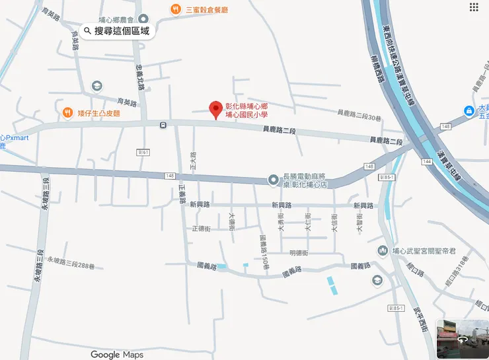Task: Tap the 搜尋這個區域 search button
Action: (x=117, y=30)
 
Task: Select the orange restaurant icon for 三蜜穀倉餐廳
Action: (x=175, y=9)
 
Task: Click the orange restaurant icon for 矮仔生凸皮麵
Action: (x=68, y=114)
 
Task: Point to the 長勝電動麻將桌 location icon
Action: (x=273, y=180)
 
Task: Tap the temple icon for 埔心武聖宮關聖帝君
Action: (x=382, y=251)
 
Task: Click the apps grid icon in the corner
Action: (x=474, y=7)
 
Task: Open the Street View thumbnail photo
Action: (x=463, y=338)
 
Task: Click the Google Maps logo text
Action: (x=117, y=355)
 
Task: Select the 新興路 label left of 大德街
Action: (x=199, y=205)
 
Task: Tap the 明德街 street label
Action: (x=299, y=253)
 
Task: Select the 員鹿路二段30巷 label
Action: (x=359, y=117)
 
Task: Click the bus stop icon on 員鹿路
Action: (x=163, y=124)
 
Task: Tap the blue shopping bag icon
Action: (x=468, y=110)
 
